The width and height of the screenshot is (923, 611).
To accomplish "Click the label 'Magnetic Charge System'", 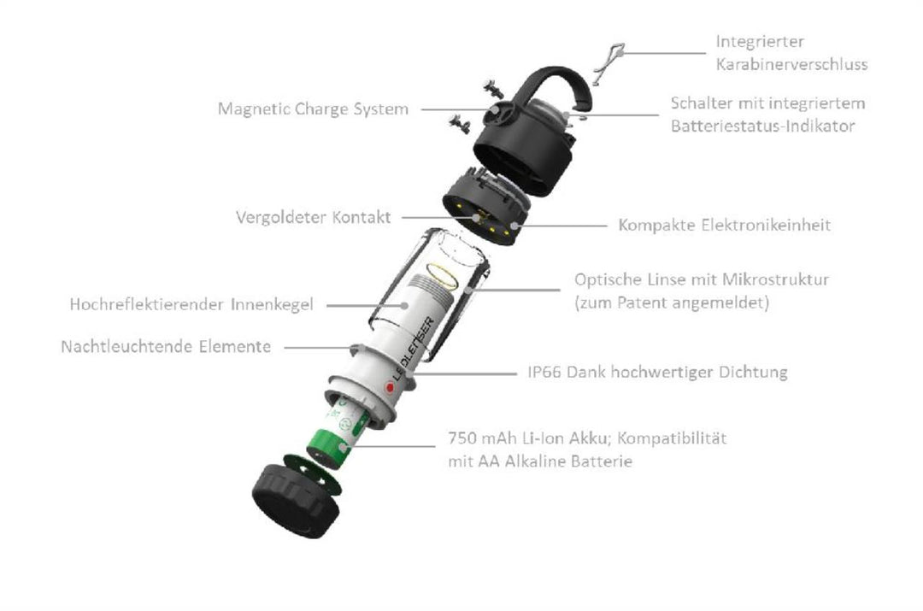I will coord(312,109).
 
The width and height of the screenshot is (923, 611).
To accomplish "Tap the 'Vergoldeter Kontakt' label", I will coord(313,217).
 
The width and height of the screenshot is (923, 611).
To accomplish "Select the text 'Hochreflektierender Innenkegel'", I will coord(191,303).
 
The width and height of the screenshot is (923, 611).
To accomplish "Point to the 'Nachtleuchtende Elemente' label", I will coord(166,347).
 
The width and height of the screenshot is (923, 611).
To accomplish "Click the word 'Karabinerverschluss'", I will coord(791,64).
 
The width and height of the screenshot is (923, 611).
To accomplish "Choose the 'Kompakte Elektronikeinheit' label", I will coord(724,226).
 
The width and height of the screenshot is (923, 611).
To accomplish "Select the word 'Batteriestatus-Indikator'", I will coord(762,126).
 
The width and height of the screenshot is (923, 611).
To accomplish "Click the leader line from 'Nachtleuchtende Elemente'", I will coord(316,348).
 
